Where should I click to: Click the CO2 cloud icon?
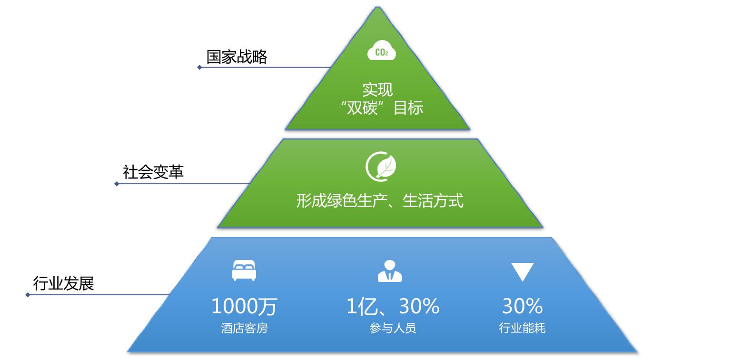[x=381, y=51]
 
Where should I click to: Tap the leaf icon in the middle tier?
[x=381, y=167]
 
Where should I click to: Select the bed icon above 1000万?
[x=244, y=270]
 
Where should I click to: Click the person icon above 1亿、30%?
[x=389, y=270]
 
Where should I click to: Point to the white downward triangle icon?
[x=522, y=271]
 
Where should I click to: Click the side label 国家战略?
[x=237, y=57]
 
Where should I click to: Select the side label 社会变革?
[x=153, y=172]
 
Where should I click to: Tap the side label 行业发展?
[x=63, y=284]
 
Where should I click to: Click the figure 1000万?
[x=244, y=306]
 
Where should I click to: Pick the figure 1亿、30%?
[x=393, y=306]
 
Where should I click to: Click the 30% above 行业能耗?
[x=522, y=306]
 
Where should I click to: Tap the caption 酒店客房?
[x=244, y=328]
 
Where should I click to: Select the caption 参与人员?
[x=393, y=328]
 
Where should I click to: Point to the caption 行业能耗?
[x=522, y=328]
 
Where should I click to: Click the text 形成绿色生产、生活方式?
[x=380, y=201]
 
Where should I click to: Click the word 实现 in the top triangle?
[x=377, y=90]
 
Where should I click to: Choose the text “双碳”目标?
[x=382, y=108]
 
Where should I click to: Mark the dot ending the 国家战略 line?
[x=199, y=67]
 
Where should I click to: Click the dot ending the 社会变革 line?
[x=117, y=184]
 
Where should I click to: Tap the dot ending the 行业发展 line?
[x=28, y=295]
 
